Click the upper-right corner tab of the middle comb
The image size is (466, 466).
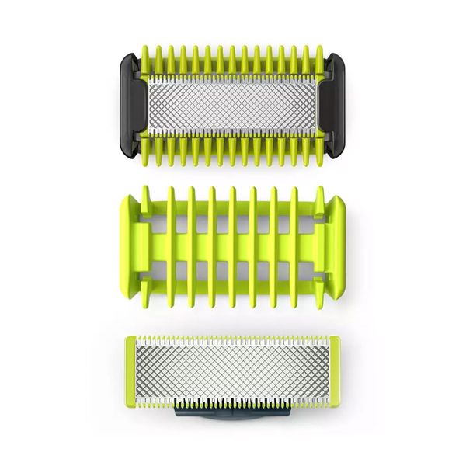pos(339,199)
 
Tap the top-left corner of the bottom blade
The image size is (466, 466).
pos(127,338)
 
